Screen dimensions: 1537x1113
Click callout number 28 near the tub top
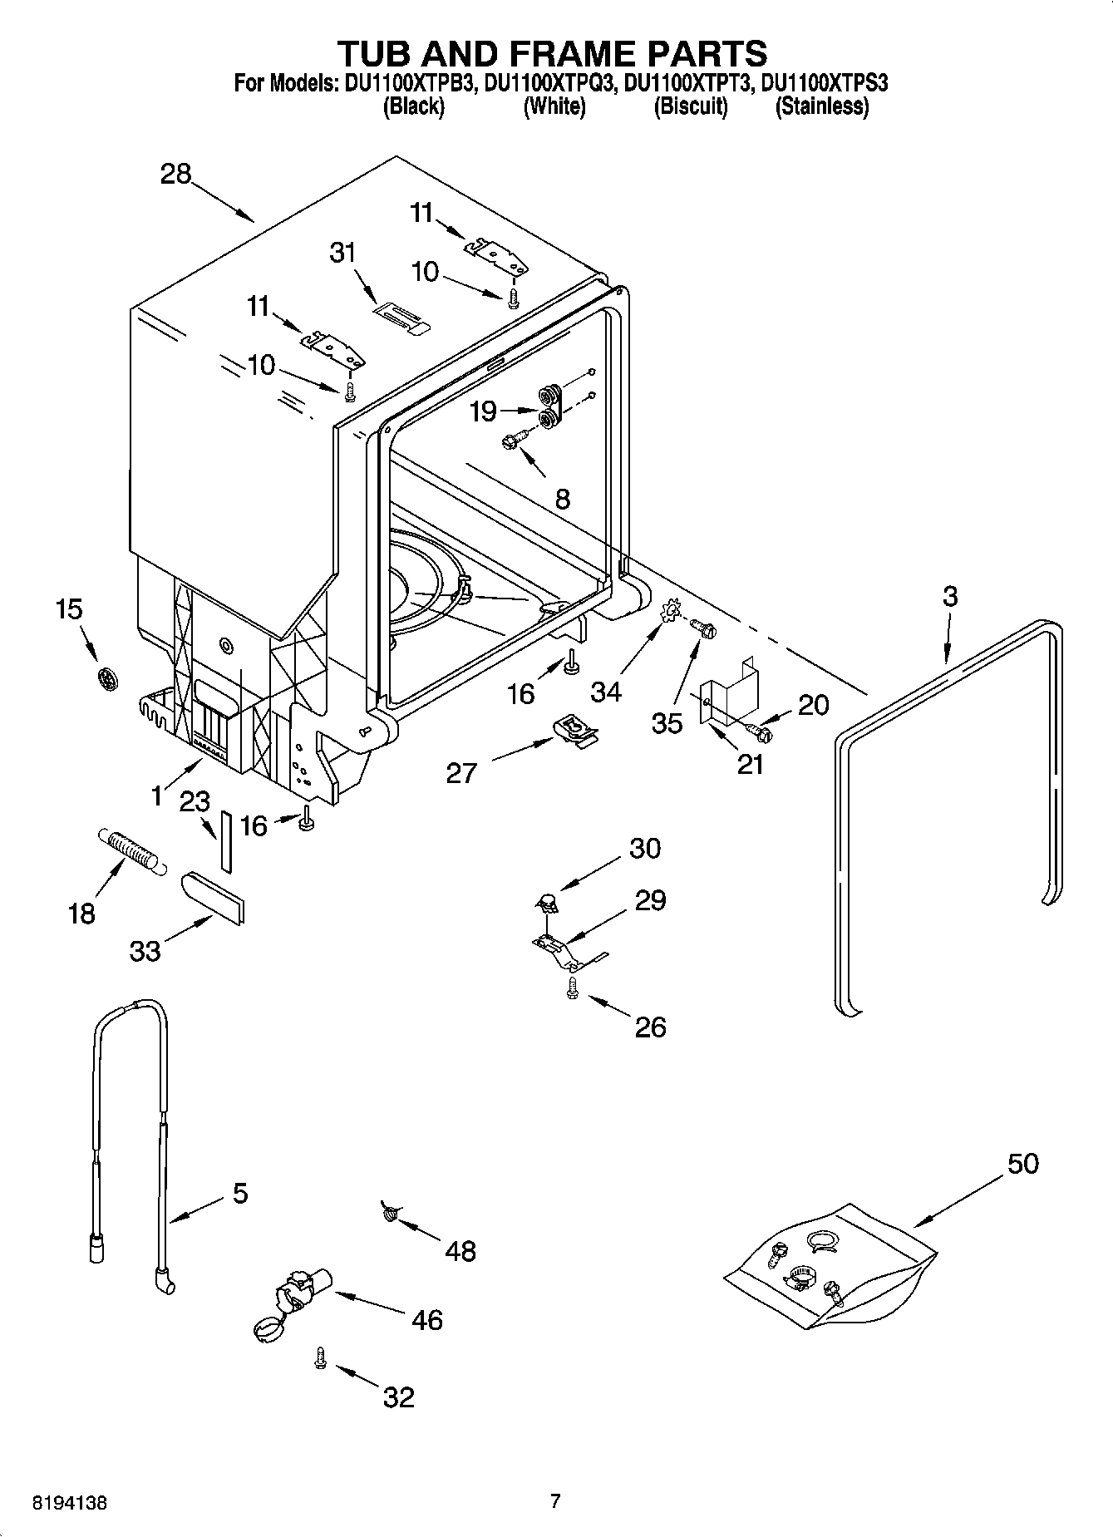coord(176,174)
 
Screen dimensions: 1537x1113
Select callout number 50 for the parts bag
coord(1022,1163)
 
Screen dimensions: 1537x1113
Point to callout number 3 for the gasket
coord(950,596)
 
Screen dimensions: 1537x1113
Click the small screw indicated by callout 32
coord(320,1357)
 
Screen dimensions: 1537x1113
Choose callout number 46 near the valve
coord(427,1319)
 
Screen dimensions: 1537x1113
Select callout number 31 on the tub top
coord(342,252)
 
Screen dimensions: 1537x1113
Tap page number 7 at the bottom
coord(555,1501)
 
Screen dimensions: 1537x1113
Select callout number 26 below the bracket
coord(650,1027)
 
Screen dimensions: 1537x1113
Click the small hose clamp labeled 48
coord(389,1214)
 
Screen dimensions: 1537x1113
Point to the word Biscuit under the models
coord(690,106)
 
